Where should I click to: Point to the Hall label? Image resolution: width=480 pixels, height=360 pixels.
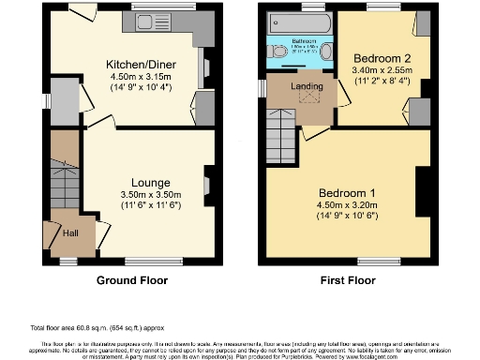click(70, 233)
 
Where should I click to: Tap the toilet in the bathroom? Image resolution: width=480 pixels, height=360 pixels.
click(277, 51)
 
